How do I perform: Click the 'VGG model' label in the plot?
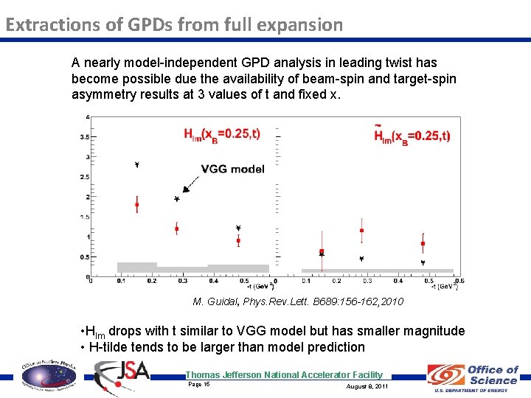click(232, 169)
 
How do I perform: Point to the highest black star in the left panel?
click(137, 165)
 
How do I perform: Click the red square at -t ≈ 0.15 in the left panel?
click(137, 205)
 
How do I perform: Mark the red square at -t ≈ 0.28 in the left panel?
click(176, 228)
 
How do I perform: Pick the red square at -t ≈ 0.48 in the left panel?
click(238, 240)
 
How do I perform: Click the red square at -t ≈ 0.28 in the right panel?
click(361, 231)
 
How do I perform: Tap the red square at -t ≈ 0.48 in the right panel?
click(423, 243)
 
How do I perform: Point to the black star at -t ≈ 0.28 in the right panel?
click(361, 259)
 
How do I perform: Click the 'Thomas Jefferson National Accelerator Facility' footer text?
click(284, 374)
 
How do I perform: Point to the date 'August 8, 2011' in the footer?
click(367, 386)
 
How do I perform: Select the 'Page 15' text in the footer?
click(199, 384)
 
